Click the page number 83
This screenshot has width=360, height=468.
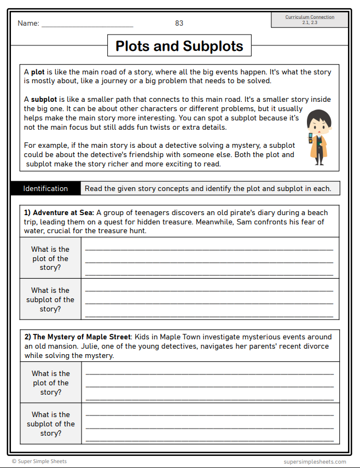tap(179, 23)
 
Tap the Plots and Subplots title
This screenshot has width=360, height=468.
tap(179, 46)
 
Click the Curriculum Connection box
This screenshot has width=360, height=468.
tap(310, 20)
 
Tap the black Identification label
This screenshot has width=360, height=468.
tap(45, 188)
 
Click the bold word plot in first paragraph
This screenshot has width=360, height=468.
tap(38, 72)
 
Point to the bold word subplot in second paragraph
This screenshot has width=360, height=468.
tap(44, 100)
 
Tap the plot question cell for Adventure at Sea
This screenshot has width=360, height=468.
tap(50, 258)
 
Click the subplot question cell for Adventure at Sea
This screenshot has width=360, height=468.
tap(50, 299)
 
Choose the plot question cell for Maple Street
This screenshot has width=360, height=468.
tap(50, 383)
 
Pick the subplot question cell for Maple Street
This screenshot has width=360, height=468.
tap(50, 424)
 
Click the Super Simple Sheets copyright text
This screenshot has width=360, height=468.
tap(39, 461)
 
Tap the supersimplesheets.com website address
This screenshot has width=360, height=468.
tap(315, 461)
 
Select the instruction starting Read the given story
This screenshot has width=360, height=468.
tap(207, 189)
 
